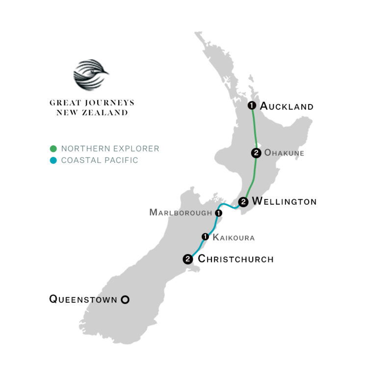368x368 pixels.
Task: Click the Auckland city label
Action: tap(286, 106)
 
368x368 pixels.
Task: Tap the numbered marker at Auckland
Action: tap(252, 105)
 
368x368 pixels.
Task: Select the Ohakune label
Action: tap(284, 153)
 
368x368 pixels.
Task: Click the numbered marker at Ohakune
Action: tap(256, 153)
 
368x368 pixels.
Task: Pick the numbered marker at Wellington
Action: tap(243, 202)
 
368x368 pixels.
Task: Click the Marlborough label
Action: tap(181, 213)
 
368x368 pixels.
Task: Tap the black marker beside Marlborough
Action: tap(218, 213)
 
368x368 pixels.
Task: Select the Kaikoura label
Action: tap(234, 237)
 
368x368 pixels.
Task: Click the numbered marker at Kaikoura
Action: tap(205, 237)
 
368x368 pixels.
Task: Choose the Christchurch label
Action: tap(236, 259)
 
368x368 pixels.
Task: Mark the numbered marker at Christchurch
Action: tap(187, 259)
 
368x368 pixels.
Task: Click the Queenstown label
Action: tap(83, 298)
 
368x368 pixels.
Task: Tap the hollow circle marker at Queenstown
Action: tap(125, 299)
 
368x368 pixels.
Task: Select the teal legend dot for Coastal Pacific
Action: tap(53, 160)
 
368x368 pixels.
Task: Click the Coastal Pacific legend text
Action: tap(99, 160)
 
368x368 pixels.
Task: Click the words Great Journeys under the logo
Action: tap(92, 103)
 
